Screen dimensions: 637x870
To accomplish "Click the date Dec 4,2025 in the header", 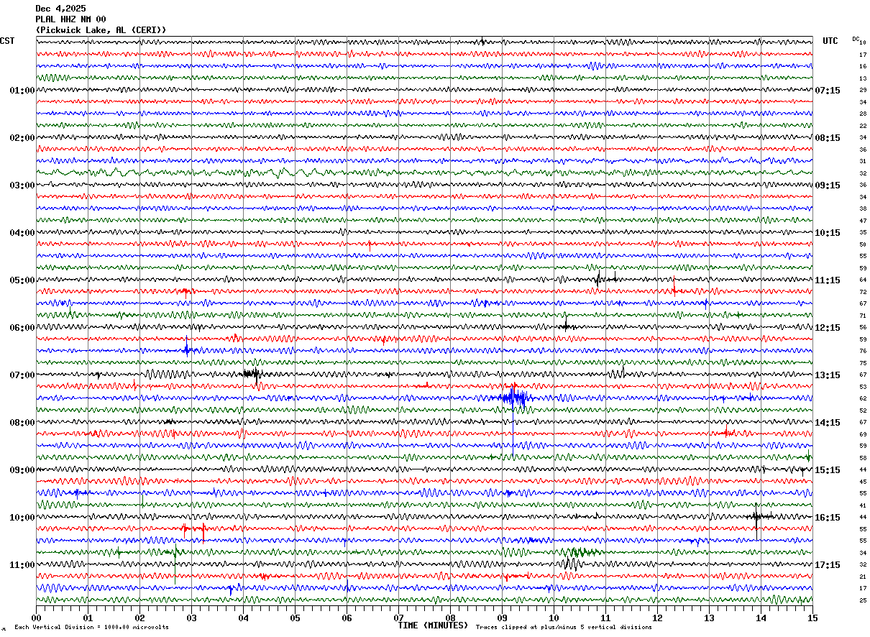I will pyautogui.click(x=60, y=9).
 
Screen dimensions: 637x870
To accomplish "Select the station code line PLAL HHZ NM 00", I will pyautogui.click(x=70, y=19).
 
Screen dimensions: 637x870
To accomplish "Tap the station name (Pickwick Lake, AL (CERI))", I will pyautogui.click(x=101, y=30).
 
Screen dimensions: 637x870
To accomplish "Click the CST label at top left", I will pyautogui.click(x=7, y=41).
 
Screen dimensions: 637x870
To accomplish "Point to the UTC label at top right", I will pyautogui.click(x=830, y=41).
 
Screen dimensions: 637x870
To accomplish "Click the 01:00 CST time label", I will pyautogui.click(x=22, y=91).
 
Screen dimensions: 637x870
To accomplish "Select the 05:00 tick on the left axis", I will pyautogui.click(x=22, y=280).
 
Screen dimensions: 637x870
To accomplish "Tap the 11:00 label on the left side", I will pyautogui.click(x=22, y=565).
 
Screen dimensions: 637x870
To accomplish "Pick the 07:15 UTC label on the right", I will pyautogui.click(x=827, y=91).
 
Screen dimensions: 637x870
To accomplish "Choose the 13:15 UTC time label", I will pyautogui.click(x=827, y=375).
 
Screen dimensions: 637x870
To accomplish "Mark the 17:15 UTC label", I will pyautogui.click(x=827, y=565).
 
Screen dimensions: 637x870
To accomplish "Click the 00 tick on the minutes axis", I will pyautogui.click(x=36, y=618).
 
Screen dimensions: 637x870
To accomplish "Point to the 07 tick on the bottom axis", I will pyautogui.click(x=398, y=618).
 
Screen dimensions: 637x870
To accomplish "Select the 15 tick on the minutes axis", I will pyautogui.click(x=812, y=618).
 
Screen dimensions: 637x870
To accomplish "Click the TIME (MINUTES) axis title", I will pyautogui.click(x=433, y=625).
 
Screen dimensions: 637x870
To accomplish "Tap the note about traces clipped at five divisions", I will pyautogui.click(x=564, y=628).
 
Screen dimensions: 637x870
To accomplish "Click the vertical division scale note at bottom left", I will pyautogui.click(x=91, y=628).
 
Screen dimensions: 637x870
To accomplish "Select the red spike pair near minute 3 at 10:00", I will pyautogui.click(x=194, y=531).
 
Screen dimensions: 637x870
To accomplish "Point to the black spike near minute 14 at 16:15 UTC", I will pyautogui.click(x=756, y=516).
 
